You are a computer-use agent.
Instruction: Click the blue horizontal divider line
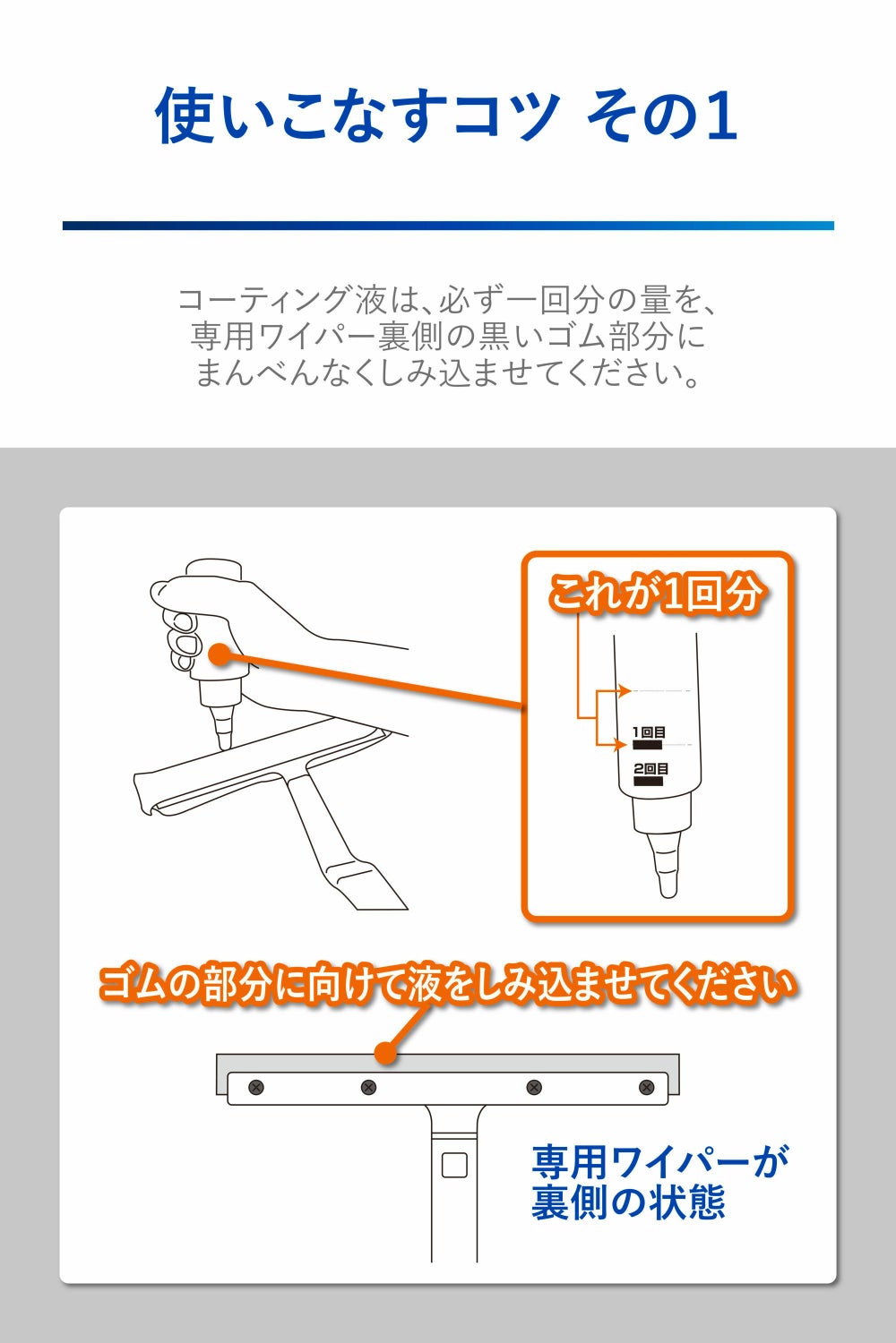[x=448, y=226]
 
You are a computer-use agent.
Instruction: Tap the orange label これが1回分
[x=655, y=594]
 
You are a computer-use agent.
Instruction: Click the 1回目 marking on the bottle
[x=648, y=732]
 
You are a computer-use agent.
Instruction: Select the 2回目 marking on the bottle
[x=650, y=768]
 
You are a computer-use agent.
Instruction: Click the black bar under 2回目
[x=649, y=782]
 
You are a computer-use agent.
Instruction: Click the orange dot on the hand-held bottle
[x=219, y=654]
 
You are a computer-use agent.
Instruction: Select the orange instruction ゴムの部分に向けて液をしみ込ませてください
[x=448, y=984]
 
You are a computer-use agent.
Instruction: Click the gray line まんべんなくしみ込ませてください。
[x=448, y=372]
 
